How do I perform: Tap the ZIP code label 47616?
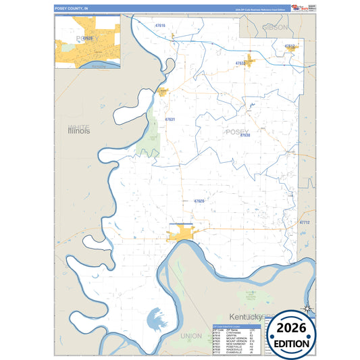160,26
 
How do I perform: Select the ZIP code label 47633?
240,63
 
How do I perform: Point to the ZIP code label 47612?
290,46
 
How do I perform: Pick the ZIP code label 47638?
245,136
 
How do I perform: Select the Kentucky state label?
245,317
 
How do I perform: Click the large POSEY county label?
237,131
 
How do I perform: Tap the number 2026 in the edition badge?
292,328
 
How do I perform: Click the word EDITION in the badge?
292,344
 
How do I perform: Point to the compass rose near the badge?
307,310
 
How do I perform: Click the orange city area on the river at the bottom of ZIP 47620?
181,234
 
